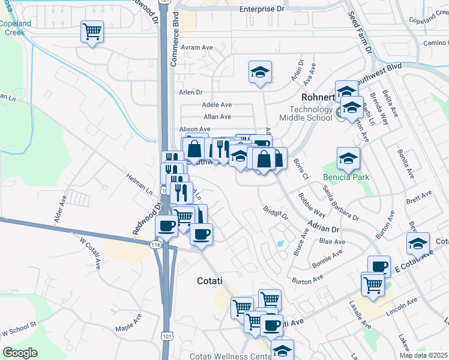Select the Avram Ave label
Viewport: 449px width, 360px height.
199,47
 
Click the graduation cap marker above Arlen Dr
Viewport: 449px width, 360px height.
260,72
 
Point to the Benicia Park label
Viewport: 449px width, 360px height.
346,177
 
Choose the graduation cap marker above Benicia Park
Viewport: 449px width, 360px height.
348,158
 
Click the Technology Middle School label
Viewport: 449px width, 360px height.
310,113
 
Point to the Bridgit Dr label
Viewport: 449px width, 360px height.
275,213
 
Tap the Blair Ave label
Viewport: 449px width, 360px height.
332,242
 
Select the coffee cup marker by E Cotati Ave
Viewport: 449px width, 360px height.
378,266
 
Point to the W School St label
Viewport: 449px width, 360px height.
19,331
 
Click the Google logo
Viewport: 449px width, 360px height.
20,353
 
